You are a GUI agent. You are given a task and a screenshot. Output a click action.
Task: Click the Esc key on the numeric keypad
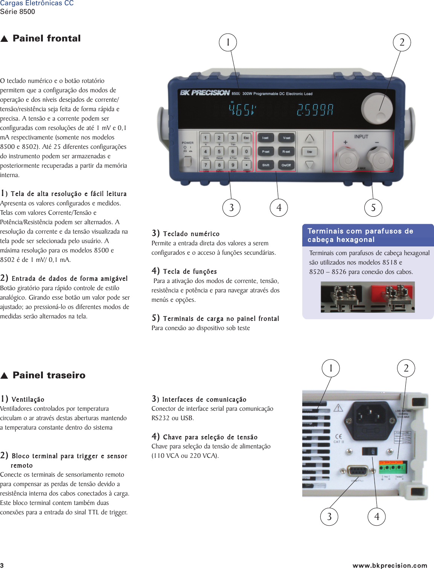(246, 138)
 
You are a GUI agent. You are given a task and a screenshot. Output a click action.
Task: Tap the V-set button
(286, 138)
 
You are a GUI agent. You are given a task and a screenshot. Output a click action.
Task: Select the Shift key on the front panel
(266, 165)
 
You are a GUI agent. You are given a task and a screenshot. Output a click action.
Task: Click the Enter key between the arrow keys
(309, 152)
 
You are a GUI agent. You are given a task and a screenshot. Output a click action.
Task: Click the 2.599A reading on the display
(315, 110)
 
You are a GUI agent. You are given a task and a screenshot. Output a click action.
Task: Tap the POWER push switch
(187, 161)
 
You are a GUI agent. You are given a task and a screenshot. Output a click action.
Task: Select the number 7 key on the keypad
(206, 165)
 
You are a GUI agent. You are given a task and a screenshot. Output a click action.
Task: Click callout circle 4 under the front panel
(279, 208)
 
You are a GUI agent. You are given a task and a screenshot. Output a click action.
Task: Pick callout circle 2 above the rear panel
(406, 368)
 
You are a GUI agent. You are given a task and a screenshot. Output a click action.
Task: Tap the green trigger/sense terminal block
(393, 467)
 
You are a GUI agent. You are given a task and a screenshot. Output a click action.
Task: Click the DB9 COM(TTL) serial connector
(357, 471)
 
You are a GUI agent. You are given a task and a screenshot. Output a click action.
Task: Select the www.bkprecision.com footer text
(390, 565)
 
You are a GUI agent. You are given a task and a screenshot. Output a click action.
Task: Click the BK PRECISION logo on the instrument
(205, 93)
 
